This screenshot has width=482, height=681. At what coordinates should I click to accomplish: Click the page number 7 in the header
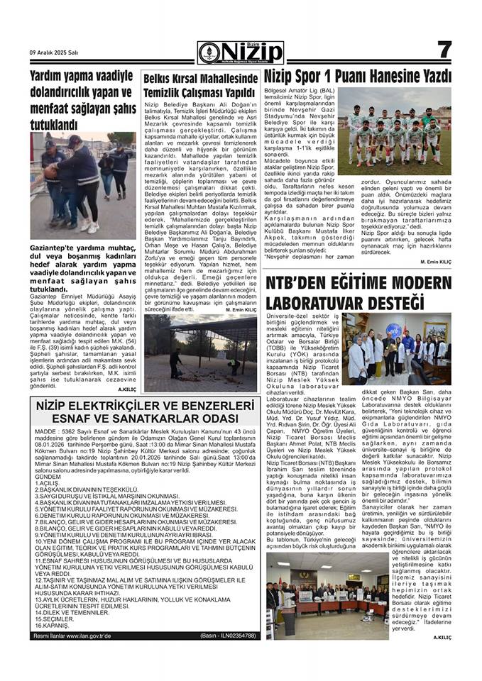(444, 50)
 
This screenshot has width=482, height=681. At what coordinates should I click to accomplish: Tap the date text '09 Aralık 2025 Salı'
(54, 53)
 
